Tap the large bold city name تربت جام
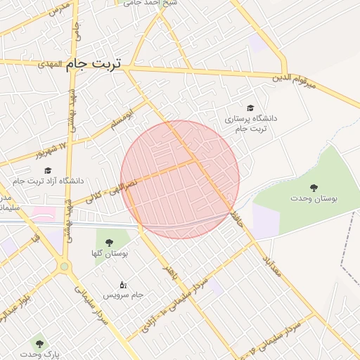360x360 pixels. click(x=94, y=63)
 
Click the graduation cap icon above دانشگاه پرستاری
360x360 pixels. click(x=250, y=107)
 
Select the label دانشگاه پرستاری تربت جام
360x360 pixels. click(x=250, y=124)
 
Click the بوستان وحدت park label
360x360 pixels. click(x=314, y=199)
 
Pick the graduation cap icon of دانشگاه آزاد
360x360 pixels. click(x=48, y=170)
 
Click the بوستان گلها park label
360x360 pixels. click(x=109, y=253)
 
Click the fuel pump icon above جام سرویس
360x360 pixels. click(x=123, y=284)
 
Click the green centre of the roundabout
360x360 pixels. click(x=65, y=266)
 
